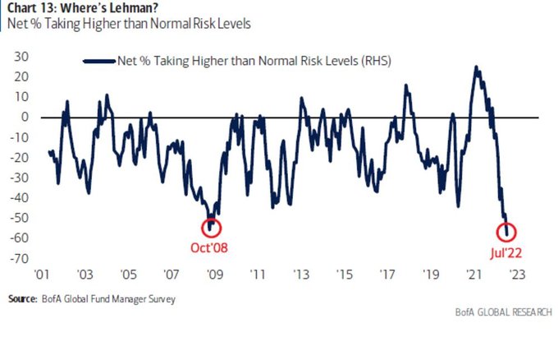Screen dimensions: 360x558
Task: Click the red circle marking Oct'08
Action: (x=211, y=228)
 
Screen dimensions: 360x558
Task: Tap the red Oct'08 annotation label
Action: (x=211, y=247)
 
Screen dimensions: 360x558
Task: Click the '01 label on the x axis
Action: (x=42, y=275)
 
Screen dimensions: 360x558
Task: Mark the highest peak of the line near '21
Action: (x=476, y=67)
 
